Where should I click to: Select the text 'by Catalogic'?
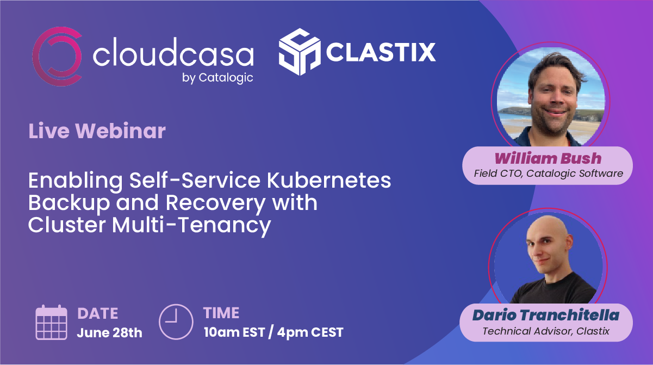217,78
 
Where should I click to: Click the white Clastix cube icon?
300,52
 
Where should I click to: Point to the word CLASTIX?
381,52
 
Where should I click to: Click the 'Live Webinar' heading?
97,131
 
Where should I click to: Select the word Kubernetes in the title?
329,180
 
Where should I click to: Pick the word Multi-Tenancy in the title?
191,225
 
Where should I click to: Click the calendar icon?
51,323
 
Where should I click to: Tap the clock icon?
176,321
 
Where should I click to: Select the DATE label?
98,314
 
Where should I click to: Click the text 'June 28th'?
109,332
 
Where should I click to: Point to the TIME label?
221,313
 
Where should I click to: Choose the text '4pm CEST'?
310,332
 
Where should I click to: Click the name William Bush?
548,158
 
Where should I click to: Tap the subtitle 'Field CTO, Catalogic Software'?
549,174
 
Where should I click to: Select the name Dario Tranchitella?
546,315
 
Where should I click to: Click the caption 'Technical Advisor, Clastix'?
546,331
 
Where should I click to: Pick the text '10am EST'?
234,332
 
